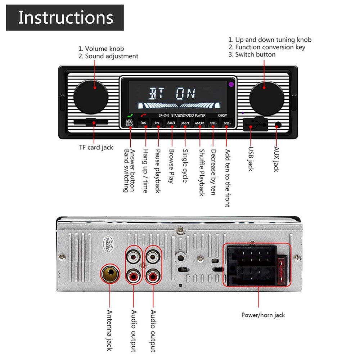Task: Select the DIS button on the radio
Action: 143,123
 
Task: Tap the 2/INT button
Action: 171,123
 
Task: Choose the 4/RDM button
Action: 199,123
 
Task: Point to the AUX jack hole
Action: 278,125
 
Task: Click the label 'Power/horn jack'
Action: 263,315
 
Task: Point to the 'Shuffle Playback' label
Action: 202,173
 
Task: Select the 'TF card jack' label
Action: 96,147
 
